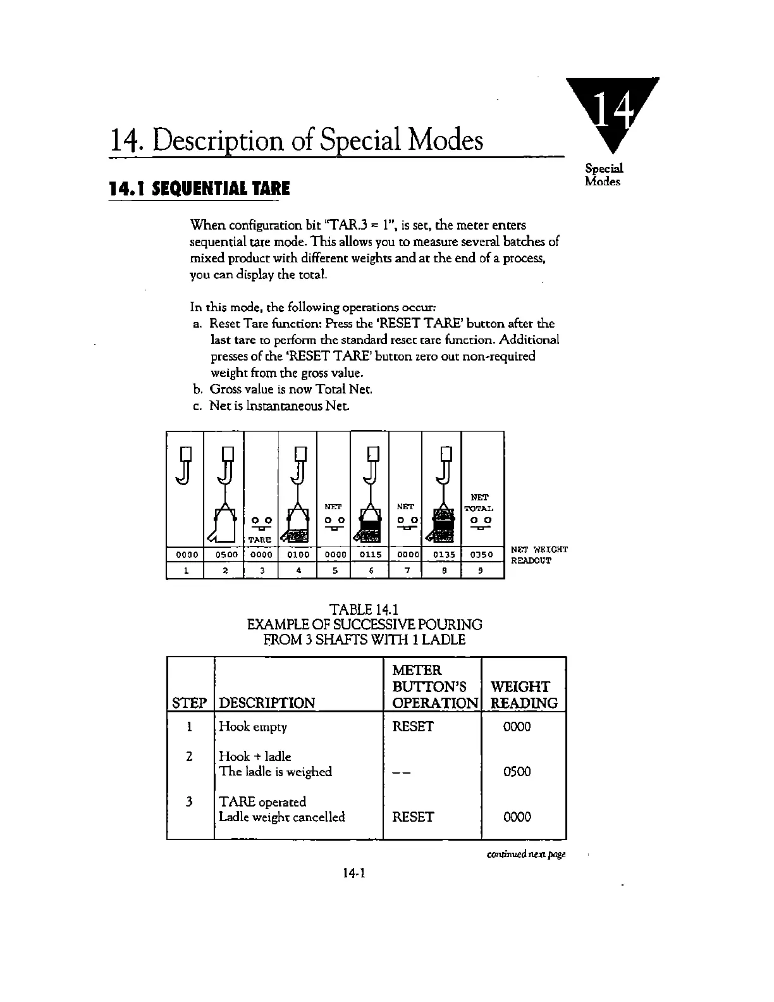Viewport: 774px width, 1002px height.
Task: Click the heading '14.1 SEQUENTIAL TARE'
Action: (199, 189)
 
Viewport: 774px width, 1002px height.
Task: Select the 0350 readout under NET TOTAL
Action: (482, 555)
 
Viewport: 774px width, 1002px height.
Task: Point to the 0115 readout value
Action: (370, 555)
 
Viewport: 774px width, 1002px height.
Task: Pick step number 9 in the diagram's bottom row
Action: (482, 570)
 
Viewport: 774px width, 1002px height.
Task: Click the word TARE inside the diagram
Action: (259, 540)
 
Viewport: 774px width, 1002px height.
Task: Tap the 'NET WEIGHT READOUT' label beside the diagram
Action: (539, 555)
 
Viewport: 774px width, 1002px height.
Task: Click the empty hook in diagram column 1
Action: (184, 465)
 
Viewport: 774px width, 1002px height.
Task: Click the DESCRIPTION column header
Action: (266, 703)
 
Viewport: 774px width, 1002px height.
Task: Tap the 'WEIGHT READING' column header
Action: (524, 695)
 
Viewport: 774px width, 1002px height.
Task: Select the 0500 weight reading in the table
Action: (517, 772)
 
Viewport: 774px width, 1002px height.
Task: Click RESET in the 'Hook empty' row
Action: (413, 727)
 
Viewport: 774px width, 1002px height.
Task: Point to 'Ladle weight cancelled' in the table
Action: (281, 817)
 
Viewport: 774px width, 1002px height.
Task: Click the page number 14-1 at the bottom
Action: (355, 874)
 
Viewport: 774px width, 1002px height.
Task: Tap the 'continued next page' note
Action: (526, 855)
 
